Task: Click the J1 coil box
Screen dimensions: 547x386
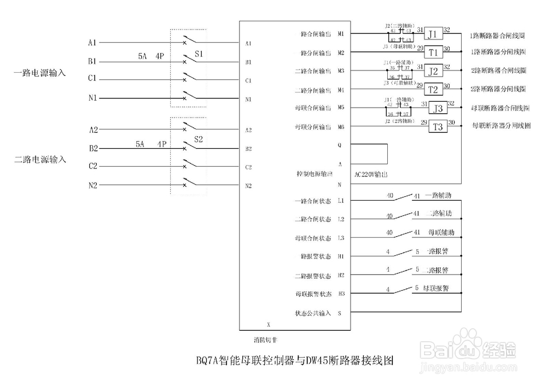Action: pos(433,34)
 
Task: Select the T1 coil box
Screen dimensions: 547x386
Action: pos(433,52)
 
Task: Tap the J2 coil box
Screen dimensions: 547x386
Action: pos(433,71)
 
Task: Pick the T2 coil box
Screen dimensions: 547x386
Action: pos(433,89)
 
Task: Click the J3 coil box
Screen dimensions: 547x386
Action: pos(438,108)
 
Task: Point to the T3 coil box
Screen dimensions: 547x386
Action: pos(438,127)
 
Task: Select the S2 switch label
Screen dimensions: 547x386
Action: pos(199,139)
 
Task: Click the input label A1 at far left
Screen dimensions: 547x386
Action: pos(92,42)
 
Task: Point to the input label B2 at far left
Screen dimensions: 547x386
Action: pos(93,148)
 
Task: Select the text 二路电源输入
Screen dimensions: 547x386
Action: pos(40,160)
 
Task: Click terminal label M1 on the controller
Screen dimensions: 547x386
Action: pos(341,34)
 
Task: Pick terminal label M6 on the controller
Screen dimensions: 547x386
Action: pos(341,127)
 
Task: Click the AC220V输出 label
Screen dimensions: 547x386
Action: pos(371,174)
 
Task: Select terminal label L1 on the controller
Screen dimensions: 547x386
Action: pos(341,201)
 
